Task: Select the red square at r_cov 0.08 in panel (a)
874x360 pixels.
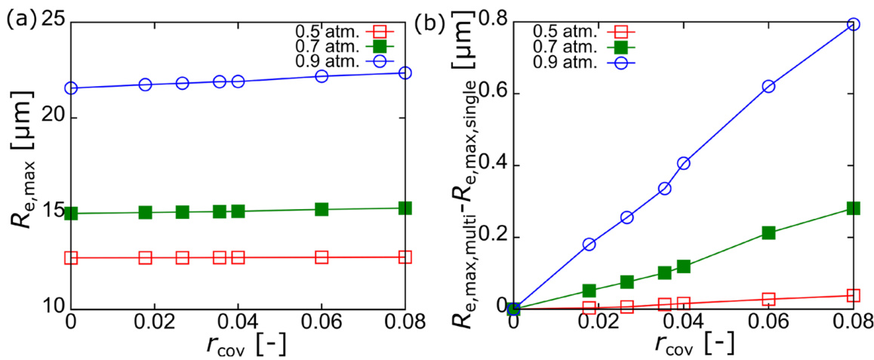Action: click(405, 257)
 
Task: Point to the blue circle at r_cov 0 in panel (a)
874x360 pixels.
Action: click(71, 88)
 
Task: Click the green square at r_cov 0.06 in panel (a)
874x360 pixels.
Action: click(322, 209)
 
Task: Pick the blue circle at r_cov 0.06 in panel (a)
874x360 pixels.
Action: click(322, 75)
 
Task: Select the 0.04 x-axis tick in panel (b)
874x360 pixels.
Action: click(683, 322)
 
